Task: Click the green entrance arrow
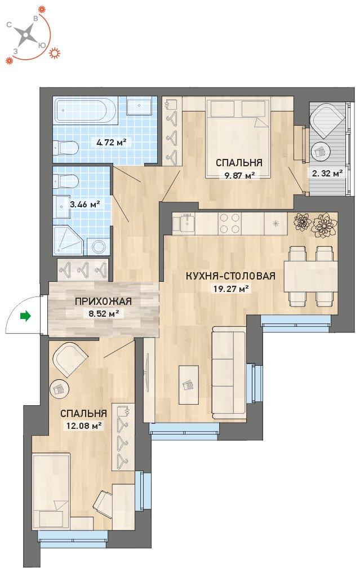(25, 317)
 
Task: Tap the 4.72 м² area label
(111, 142)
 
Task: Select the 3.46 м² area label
(85, 204)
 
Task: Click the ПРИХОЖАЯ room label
(103, 302)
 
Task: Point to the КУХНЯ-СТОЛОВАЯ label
(230, 276)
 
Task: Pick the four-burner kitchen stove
(229, 223)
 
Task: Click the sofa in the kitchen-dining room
(229, 373)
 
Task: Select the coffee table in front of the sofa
(188, 385)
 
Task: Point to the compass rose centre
(25, 36)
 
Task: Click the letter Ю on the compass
(42, 45)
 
